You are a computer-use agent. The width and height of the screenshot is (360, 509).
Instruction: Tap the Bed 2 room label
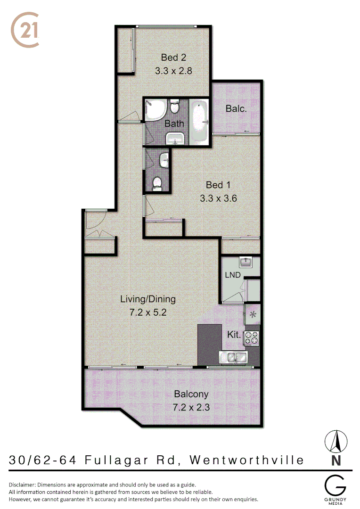pyautogui.click(x=173, y=57)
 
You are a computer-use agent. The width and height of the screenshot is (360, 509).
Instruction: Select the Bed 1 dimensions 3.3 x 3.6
pyautogui.click(x=218, y=198)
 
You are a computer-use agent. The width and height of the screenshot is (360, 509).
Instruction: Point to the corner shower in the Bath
pyautogui.click(x=155, y=111)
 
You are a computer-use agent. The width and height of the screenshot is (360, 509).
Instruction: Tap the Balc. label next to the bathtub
pyautogui.click(x=236, y=109)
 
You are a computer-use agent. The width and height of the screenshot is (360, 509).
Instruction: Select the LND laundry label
pyautogui.click(x=233, y=275)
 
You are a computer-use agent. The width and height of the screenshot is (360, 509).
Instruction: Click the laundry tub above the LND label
pyautogui.click(x=245, y=261)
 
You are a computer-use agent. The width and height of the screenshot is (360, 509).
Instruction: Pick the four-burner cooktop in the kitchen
pyautogui.click(x=252, y=337)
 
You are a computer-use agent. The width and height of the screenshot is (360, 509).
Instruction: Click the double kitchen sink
pyautogui.click(x=234, y=358)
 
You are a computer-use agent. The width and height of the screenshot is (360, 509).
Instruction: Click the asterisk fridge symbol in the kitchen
pyautogui.click(x=253, y=314)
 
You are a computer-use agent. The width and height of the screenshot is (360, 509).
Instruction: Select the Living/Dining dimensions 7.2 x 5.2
pyautogui.click(x=148, y=312)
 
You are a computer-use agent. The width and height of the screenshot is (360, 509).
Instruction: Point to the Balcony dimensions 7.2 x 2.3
pyautogui.click(x=191, y=408)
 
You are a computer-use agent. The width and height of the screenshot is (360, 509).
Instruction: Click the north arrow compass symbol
pyautogui.click(x=336, y=442)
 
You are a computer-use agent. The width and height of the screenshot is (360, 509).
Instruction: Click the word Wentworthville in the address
pyautogui.click(x=246, y=460)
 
